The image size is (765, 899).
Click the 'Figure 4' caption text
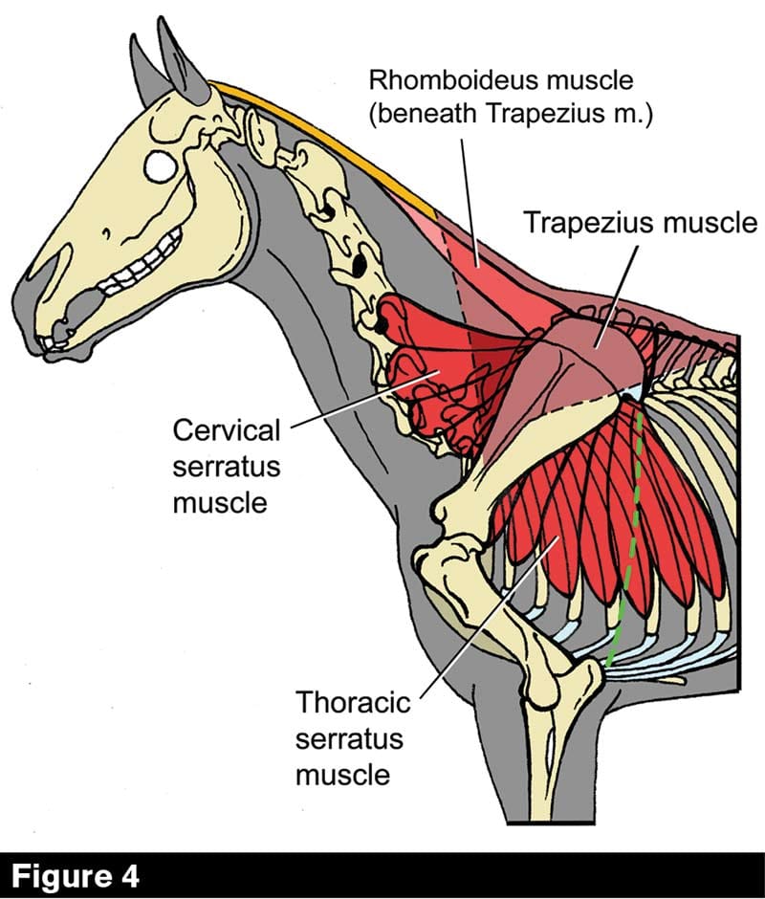pyautogui.click(x=76, y=875)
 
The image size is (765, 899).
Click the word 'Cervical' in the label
pyautogui.click(x=227, y=429)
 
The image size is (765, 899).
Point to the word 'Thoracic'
pyautogui.click(x=353, y=704)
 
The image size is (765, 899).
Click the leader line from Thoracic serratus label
pyautogui.click(x=488, y=612)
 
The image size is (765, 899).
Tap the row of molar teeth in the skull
pyautogui.click(x=143, y=273)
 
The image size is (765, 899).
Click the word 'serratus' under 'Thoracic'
pyautogui.click(x=349, y=738)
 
